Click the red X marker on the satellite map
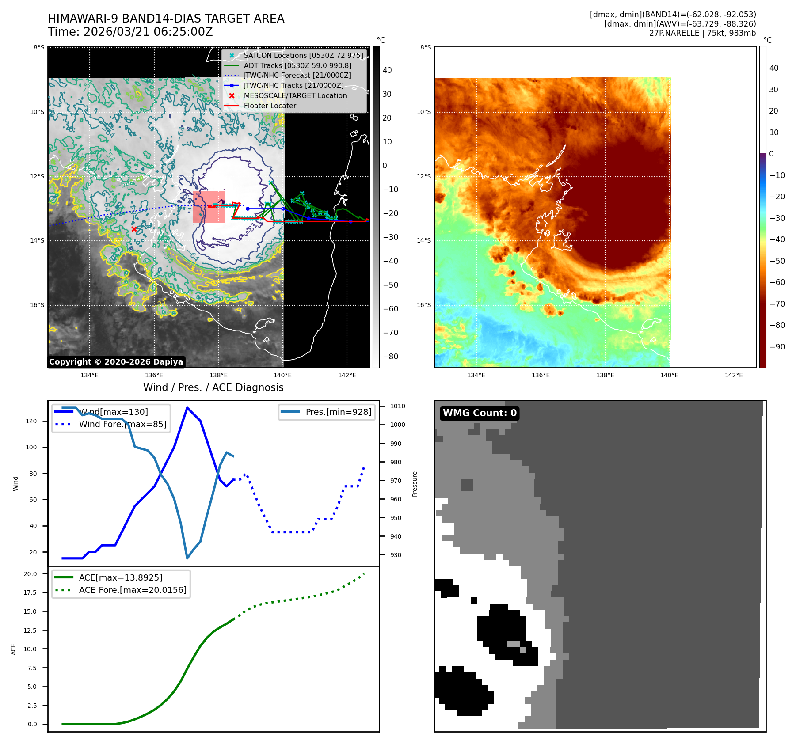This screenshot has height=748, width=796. tap(134, 229)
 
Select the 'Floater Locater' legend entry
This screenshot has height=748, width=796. tap(270, 106)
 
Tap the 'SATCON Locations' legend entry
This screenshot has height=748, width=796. tap(303, 56)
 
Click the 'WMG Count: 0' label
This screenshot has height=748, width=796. tap(480, 413)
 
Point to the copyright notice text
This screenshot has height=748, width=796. tap(116, 362)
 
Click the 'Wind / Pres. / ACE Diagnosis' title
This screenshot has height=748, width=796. tap(213, 387)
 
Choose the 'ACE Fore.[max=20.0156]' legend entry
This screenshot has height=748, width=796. tap(133, 590)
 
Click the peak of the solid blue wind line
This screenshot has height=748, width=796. tap(187, 408)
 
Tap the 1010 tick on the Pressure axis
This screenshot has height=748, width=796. tap(397, 406)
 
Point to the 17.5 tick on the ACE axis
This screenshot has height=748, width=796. tap(30, 592)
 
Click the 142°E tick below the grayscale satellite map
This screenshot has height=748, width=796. tap(347, 376)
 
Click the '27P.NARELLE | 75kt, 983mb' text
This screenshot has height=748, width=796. tap(702, 33)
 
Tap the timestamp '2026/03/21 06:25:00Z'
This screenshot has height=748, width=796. tap(148, 32)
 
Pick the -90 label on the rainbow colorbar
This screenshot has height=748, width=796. tap(777, 347)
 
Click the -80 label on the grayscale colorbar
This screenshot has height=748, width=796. tap(390, 357)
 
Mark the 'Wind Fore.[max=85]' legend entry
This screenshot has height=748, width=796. tap(122, 425)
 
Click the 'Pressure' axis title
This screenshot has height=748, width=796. tap(415, 484)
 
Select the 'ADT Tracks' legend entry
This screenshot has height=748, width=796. tap(297, 66)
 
